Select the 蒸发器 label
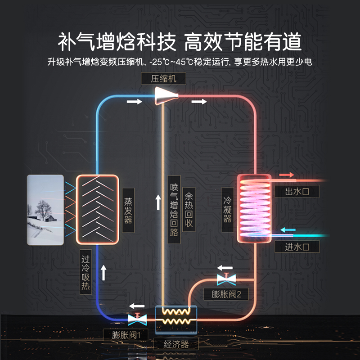coord(128,211)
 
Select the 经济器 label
coord(175,345)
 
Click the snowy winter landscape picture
coord(45,210)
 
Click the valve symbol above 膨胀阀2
coord(224,279)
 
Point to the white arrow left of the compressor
coord(134,102)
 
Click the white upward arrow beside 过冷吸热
coord(103,273)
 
